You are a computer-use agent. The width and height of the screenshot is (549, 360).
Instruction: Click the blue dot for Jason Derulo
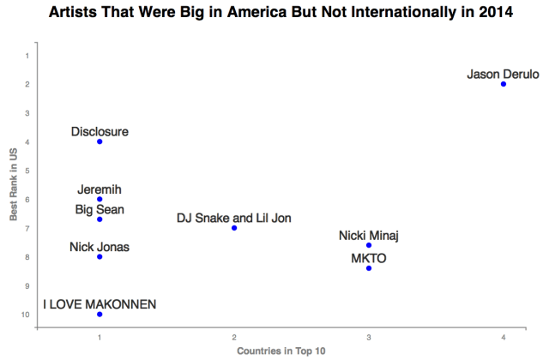(504, 84)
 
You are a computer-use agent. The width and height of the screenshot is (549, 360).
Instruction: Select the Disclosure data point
(100, 141)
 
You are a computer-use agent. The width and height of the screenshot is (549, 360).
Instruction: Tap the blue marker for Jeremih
(100, 200)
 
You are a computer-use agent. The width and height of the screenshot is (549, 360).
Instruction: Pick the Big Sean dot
(100, 219)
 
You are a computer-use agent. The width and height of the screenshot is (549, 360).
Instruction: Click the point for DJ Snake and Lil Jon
(234, 228)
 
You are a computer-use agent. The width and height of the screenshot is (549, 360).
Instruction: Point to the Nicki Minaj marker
(369, 245)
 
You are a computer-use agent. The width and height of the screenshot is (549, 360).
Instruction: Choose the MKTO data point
(369, 268)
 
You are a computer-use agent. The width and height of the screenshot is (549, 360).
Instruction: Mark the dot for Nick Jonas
(100, 257)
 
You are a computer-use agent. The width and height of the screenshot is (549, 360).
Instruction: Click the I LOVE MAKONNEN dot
(100, 315)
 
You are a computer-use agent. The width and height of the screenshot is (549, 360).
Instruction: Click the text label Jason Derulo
(504, 75)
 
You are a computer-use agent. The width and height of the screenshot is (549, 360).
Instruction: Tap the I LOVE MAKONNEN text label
(100, 304)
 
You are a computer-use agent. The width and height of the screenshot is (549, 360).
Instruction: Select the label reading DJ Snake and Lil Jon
(234, 218)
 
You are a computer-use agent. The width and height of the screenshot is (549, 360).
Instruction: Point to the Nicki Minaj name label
(369, 236)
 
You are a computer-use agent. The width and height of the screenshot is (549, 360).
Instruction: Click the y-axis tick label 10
(25, 315)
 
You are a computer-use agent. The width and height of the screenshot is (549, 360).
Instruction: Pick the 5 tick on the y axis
(27, 171)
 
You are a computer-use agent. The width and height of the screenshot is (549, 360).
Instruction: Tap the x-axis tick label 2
(234, 338)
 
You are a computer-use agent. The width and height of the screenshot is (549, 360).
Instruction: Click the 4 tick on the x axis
(504, 338)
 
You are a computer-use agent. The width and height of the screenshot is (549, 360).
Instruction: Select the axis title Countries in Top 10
(281, 351)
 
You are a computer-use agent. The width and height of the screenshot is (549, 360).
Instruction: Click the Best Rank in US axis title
(14, 184)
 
